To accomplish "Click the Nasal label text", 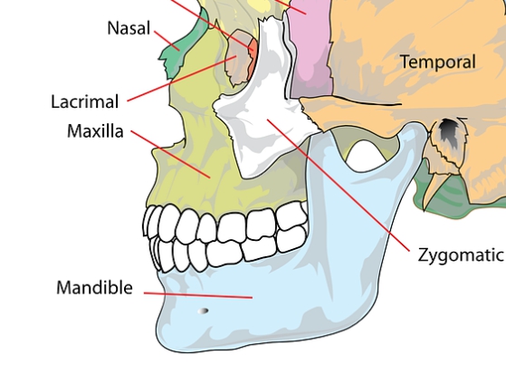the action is pos(129,28).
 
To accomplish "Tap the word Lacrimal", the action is pos(85,101).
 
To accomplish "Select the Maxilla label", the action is pos(95,131).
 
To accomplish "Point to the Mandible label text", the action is pos(94,287).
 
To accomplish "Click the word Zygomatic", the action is pos(461,255).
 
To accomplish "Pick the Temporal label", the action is pos(438,62).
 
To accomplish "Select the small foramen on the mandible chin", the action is pos(203,311).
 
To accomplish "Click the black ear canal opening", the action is pos(447,130).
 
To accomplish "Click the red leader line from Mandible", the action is pos(198,295).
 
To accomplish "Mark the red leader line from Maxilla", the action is pos(171,154).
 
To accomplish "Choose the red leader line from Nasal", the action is pos(167,41).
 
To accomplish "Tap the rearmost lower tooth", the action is pos(291,239).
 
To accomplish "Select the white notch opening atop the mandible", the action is pos(366,153).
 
